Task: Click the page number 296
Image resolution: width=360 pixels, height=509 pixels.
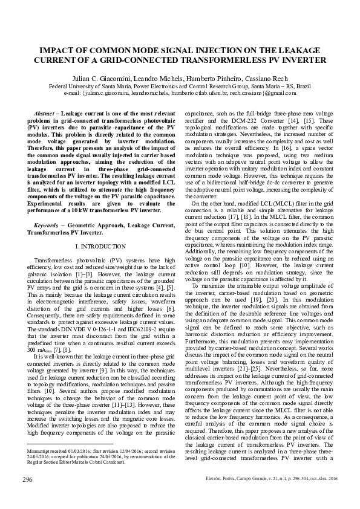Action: click(x=27, y=479)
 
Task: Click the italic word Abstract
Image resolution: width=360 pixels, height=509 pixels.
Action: click(x=44, y=114)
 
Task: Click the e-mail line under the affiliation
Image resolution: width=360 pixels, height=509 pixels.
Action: click(x=180, y=93)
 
